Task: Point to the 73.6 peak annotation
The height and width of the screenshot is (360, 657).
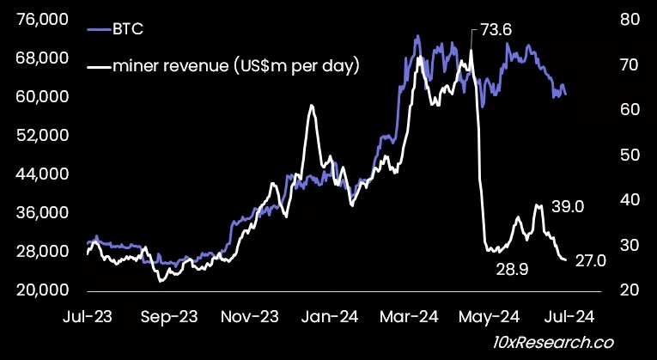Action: click(x=496, y=31)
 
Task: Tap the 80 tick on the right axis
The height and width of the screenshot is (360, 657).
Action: click(x=628, y=19)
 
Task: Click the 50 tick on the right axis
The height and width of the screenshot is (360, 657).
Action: click(x=628, y=155)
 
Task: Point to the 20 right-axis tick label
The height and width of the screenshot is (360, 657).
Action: click(x=628, y=290)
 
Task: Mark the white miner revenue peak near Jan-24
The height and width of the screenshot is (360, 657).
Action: click(x=311, y=106)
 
